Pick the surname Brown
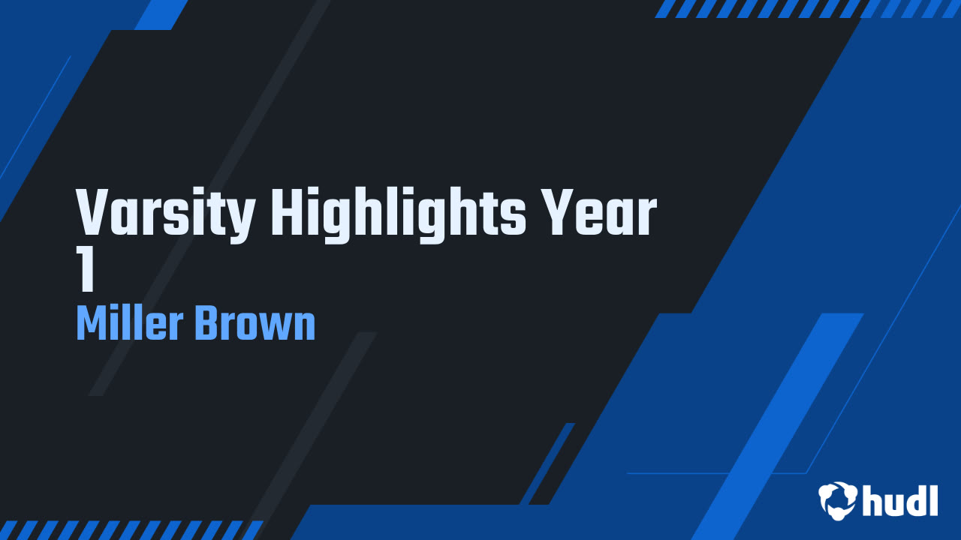tap(255, 324)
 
